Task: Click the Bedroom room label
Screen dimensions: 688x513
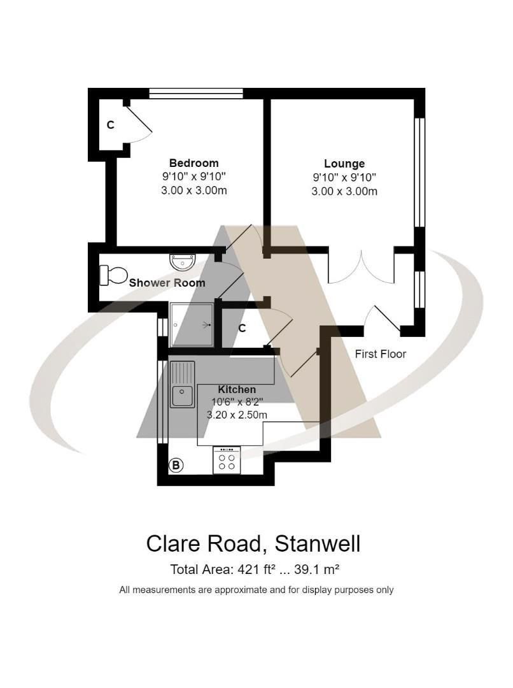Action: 193,163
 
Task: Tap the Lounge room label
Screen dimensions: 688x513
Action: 344,164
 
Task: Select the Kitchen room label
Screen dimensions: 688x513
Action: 237,389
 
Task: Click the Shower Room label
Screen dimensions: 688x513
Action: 167,283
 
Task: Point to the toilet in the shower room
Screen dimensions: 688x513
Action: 113,275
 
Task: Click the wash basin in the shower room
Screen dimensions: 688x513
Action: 183,261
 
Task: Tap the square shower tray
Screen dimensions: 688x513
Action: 192,324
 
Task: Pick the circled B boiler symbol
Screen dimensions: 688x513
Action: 176,466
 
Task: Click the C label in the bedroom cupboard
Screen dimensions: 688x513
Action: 110,125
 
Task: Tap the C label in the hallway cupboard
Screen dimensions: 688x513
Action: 242,329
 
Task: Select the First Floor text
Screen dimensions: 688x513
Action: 380,354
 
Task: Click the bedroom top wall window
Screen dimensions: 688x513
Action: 196,94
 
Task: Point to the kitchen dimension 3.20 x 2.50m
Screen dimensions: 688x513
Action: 237,415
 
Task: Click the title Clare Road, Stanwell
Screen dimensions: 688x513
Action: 253,543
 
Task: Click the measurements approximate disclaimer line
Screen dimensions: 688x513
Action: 256,590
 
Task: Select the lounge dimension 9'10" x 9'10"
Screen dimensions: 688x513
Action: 344,177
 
